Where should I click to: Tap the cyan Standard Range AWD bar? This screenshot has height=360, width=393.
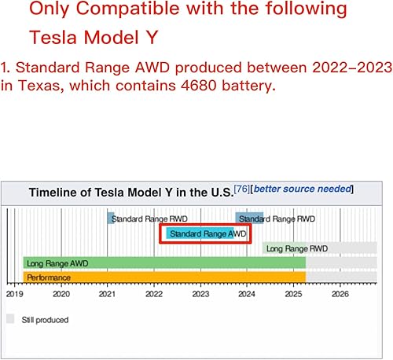point(207,233)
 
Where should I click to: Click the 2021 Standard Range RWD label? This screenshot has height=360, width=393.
point(142,218)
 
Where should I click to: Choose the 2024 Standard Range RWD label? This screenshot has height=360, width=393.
point(276,218)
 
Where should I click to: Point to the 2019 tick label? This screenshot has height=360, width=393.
point(14,294)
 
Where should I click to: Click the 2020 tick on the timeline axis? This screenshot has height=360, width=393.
point(61,294)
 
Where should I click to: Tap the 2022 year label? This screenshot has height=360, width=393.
point(153,294)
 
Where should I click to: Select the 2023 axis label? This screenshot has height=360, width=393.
point(200,294)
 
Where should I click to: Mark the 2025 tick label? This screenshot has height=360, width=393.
point(293,294)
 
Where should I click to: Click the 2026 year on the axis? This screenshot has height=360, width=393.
point(340,294)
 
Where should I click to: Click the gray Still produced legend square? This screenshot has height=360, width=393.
point(11,319)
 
